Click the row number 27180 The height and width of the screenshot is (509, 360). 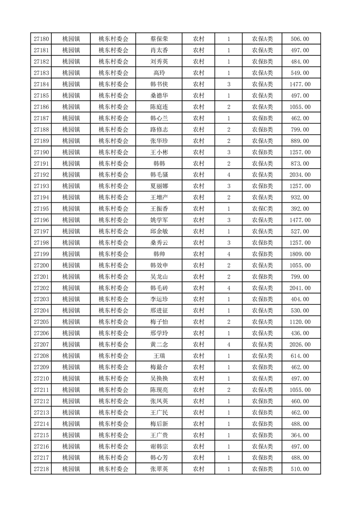point(41,39)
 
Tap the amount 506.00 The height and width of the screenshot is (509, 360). point(300,39)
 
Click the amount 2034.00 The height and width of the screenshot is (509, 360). point(300,175)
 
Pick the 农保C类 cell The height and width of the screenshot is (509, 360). point(262,209)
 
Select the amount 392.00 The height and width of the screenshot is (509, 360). point(300,209)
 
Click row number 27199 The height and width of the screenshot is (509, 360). point(41,254)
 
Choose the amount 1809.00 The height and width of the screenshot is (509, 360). point(300,254)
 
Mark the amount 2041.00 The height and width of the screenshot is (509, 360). point(300,288)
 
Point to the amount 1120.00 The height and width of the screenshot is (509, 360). point(300,322)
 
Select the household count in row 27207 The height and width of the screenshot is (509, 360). point(228,345)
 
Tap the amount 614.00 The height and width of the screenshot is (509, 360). point(300,356)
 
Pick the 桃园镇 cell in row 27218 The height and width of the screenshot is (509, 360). point(71,469)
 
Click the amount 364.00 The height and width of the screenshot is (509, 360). point(300,436)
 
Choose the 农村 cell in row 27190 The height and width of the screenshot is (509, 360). point(198,152)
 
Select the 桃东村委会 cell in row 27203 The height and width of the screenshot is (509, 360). point(113,299)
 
